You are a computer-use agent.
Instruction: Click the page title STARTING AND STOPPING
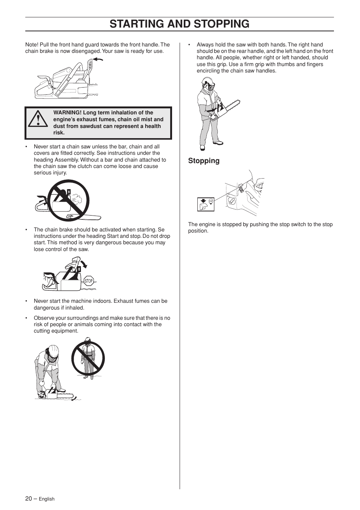(180, 24)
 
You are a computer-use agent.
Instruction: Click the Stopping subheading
(204, 161)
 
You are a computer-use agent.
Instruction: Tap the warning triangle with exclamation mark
(37, 119)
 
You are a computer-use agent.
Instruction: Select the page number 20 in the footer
(29, 498)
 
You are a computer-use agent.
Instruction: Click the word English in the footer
(47, 499)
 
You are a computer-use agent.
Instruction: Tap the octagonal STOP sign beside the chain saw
(89, 281)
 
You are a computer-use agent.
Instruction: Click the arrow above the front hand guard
(98, 59)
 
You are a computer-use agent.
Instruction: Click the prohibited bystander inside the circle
(88, 359)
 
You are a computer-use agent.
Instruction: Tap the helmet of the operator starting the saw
(53, 351)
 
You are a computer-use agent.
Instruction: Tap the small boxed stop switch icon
(206, 204)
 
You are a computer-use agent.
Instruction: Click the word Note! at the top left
(32, 45)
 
